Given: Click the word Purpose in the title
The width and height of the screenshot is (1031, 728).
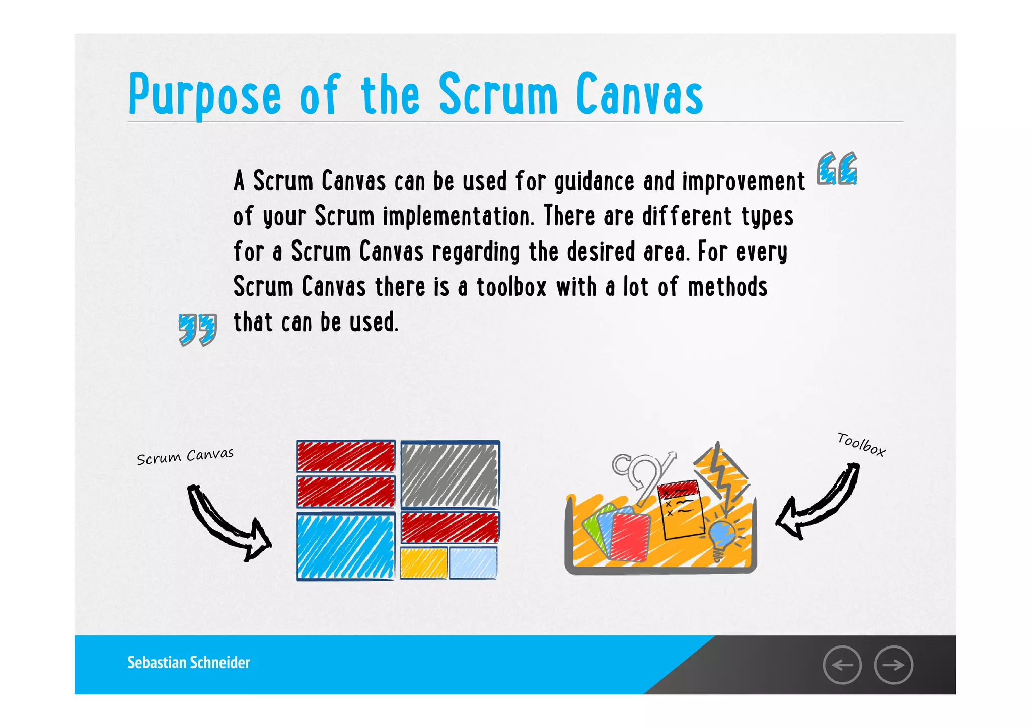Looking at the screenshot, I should point(204,95).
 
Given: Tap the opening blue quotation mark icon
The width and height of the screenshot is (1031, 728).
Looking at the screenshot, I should point(837,169).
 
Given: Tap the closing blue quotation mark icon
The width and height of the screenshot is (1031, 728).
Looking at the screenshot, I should point(198,330).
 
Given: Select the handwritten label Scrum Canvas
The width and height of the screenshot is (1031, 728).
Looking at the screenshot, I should point(185,456).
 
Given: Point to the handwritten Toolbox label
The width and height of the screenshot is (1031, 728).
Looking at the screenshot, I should point(861,444).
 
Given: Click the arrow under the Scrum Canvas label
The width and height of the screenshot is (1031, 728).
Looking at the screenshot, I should point(227,523).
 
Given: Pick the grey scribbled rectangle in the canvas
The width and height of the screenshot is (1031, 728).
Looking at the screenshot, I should point(450,474).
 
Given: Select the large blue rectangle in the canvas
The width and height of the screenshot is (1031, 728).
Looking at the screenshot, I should point(345,546).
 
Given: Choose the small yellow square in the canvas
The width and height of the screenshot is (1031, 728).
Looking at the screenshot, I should point(423,563).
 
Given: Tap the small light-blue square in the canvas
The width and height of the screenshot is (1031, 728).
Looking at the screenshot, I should point(473,563).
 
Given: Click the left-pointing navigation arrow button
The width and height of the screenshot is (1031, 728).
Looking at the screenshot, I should point(842,665).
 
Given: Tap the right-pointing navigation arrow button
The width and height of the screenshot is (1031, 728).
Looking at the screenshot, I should point(894,665).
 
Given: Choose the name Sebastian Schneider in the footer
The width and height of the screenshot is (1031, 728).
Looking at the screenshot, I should point(189,663).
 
